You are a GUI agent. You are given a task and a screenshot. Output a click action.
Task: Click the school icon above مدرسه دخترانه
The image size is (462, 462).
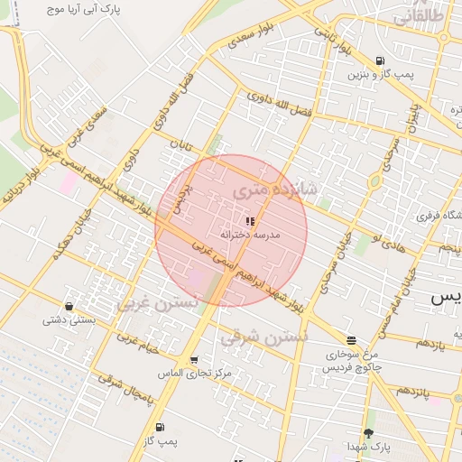click(250, 221)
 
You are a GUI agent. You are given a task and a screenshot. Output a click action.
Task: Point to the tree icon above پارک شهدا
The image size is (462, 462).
click(368, 433)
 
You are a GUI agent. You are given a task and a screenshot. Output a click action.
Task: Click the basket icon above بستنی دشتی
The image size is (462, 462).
click(69, 306)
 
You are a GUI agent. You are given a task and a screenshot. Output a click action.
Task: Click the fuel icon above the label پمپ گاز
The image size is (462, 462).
click(160, 427)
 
